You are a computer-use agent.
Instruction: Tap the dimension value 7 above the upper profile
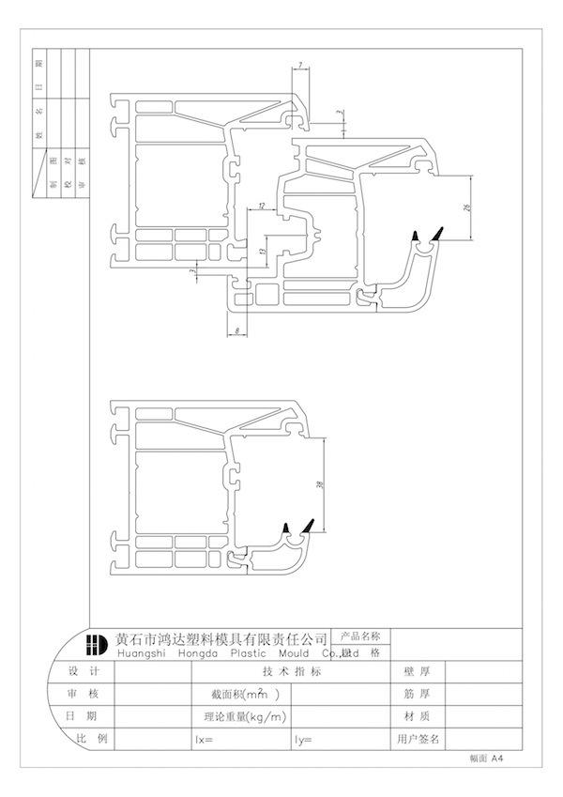(300, 65)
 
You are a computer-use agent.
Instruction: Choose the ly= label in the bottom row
(303, 740)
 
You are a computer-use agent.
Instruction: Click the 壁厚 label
(417, 672)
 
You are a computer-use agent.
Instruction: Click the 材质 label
(417, 717)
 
